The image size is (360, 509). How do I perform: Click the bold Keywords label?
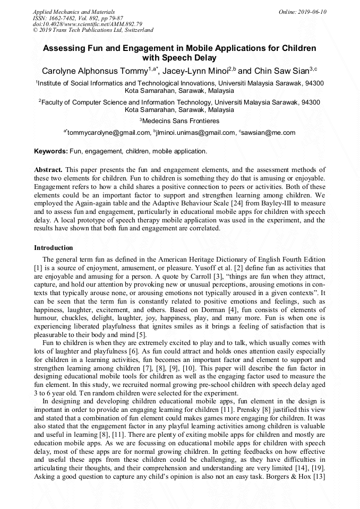51,151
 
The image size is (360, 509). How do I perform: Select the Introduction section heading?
54,247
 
